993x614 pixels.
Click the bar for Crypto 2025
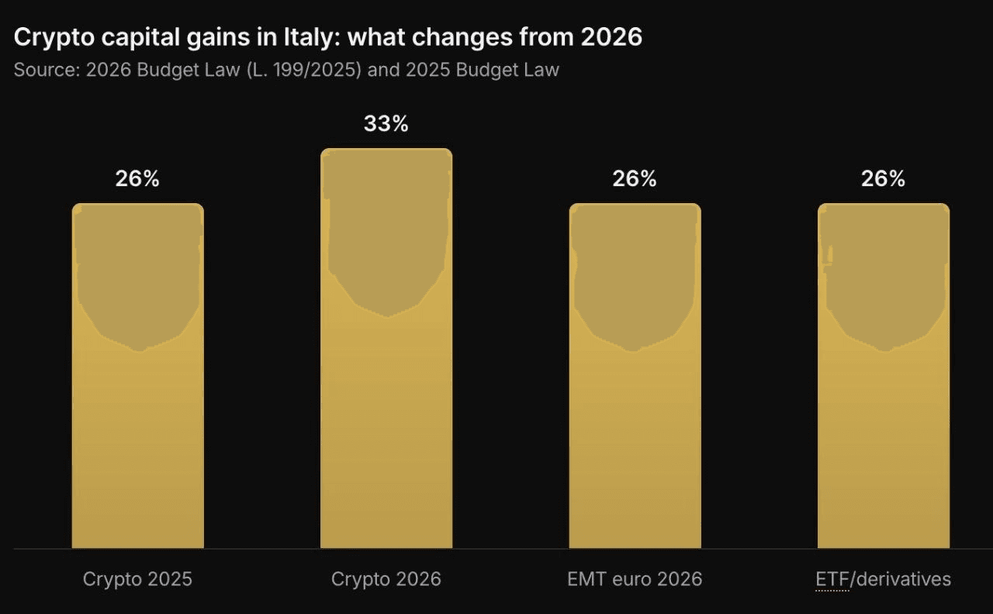click(138, 376)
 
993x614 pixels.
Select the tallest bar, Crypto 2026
click(386, 348)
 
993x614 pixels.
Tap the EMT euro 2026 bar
click(635, 376)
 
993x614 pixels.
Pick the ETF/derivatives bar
click(884, 376)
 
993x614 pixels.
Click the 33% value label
click(386, 123)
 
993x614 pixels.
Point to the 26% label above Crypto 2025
click(137, 179)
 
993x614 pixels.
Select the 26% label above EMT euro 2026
click(635, 179)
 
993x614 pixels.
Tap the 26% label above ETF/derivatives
click(884, 179)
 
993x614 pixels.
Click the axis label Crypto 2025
click(137, 579)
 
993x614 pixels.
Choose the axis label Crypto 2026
click(386, 579)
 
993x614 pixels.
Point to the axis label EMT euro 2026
click(635, 579)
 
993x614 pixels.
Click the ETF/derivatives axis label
click(884, 579)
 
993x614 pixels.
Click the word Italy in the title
click(312, 37)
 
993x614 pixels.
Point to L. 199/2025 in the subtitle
click(304, 70)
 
